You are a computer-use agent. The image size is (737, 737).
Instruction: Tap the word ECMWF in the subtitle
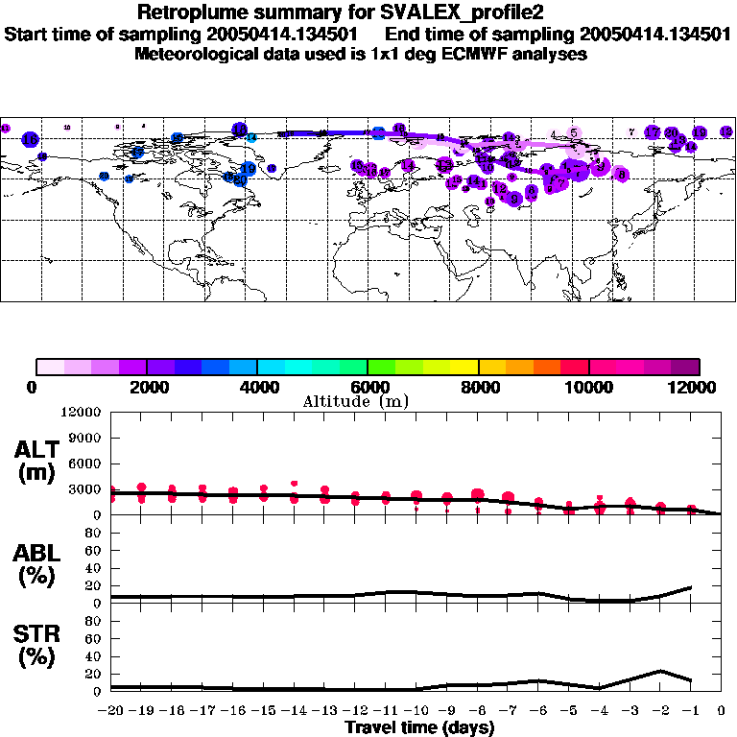[x=487, y=54]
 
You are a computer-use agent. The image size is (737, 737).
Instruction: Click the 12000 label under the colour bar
[x=698, y=387]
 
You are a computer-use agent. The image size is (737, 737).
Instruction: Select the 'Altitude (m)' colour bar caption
[x=356, y=401]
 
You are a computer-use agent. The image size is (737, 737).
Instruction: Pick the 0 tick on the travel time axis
[x=721, y=712]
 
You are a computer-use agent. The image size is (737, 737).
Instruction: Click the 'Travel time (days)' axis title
[x=419, y=727]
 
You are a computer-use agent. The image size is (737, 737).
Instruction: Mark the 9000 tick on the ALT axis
[x=87, y=439]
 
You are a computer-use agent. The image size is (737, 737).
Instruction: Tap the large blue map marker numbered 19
[x=249, y=169]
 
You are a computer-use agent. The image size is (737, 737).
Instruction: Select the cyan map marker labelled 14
[x=252, y=138]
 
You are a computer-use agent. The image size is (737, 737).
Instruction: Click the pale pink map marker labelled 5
[x=574, y=132]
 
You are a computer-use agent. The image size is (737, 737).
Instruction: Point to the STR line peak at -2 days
[x=660, y=671]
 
